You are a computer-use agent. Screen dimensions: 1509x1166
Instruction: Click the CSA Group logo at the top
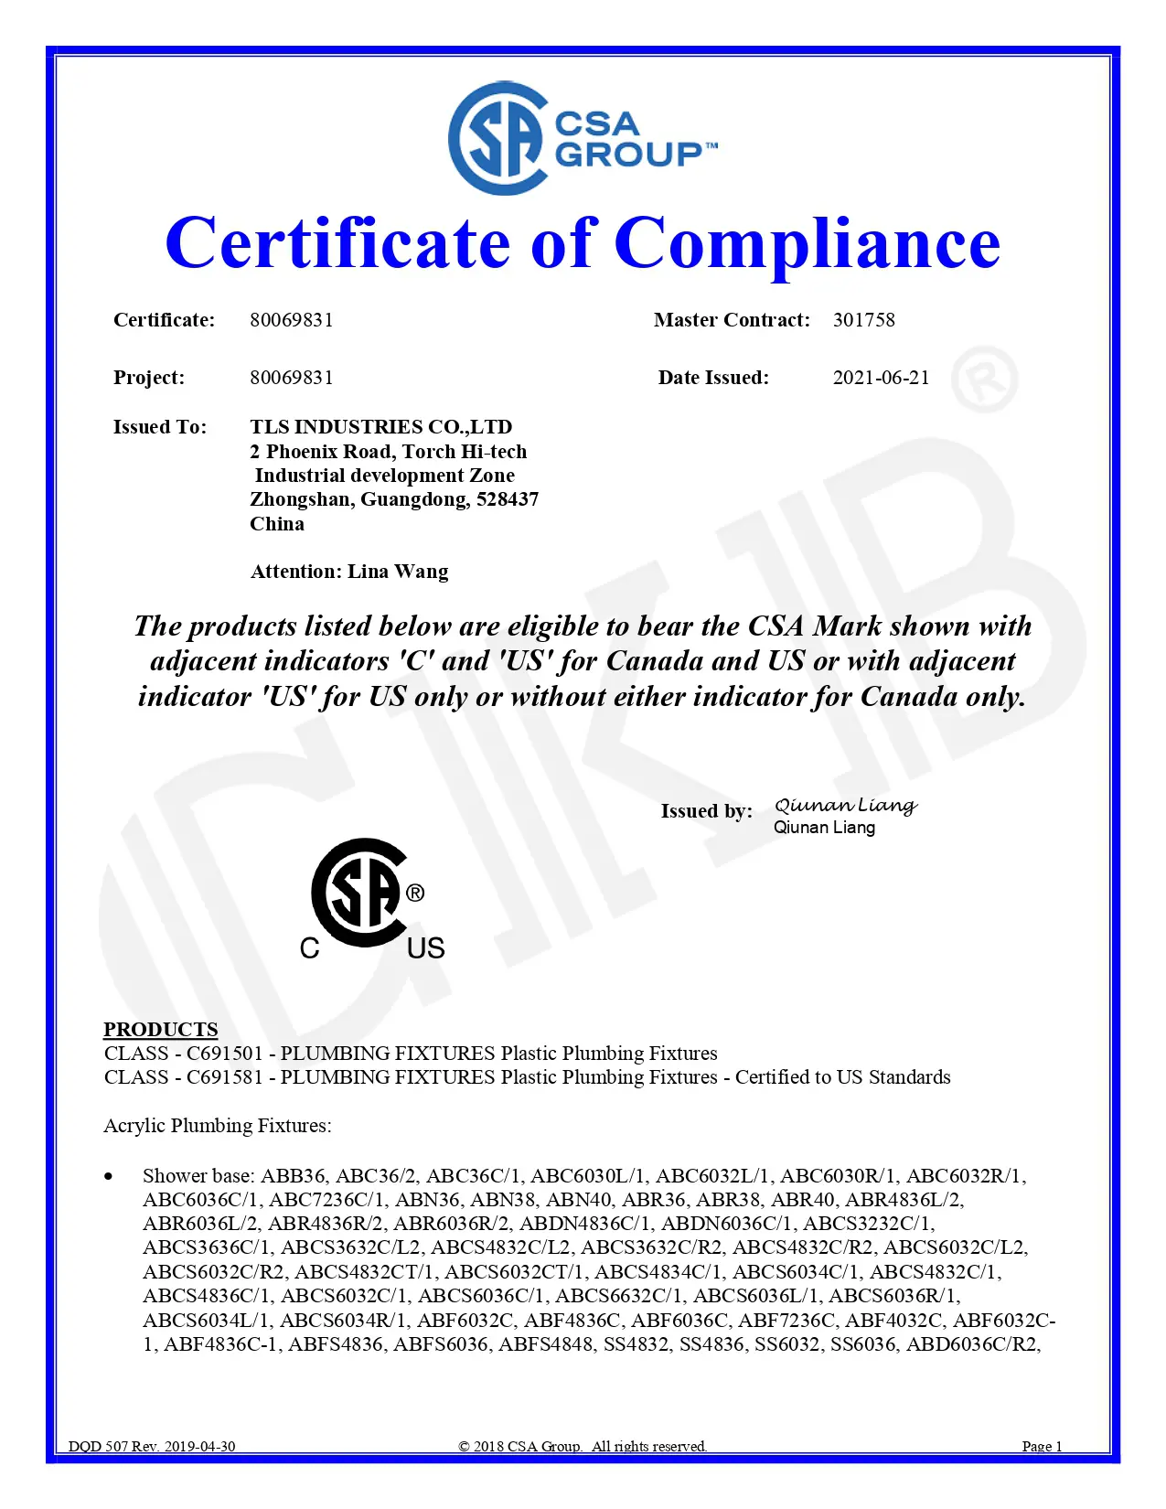pos(583,138)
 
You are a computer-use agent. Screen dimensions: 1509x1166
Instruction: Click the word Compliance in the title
pos(807,244)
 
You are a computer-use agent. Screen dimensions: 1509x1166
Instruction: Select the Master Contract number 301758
pos(863,320)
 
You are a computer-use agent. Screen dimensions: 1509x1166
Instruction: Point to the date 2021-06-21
pos(881,378)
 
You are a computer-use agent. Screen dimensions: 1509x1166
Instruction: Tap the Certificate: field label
pos(165,320)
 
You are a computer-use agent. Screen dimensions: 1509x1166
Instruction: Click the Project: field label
pos(149,378)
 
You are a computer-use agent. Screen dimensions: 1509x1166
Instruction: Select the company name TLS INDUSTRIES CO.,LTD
pos(380,427)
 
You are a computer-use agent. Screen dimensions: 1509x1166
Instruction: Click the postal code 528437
pos(508,499)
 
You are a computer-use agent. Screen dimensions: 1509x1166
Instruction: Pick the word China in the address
pos(277,524)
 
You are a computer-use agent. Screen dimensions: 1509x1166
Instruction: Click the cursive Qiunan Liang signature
pos(845,805)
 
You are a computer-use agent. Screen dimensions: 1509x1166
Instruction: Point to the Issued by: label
pos(706,811)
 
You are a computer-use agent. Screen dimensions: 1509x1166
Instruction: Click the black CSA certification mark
pos(359,892)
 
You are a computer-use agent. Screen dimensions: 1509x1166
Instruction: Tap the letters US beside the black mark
pos(426,948)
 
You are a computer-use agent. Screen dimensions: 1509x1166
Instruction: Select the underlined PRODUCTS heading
pos(161,1029)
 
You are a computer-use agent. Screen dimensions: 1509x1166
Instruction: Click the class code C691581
pos(224,1077)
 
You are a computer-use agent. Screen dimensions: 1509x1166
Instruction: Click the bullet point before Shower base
pos(110,1176)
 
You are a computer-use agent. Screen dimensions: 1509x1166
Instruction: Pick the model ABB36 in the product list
pos(294,1176)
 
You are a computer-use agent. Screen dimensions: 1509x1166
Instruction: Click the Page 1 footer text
pos(1042,1446)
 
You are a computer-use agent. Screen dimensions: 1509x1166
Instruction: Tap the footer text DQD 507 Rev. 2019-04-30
pos(152,1446)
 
